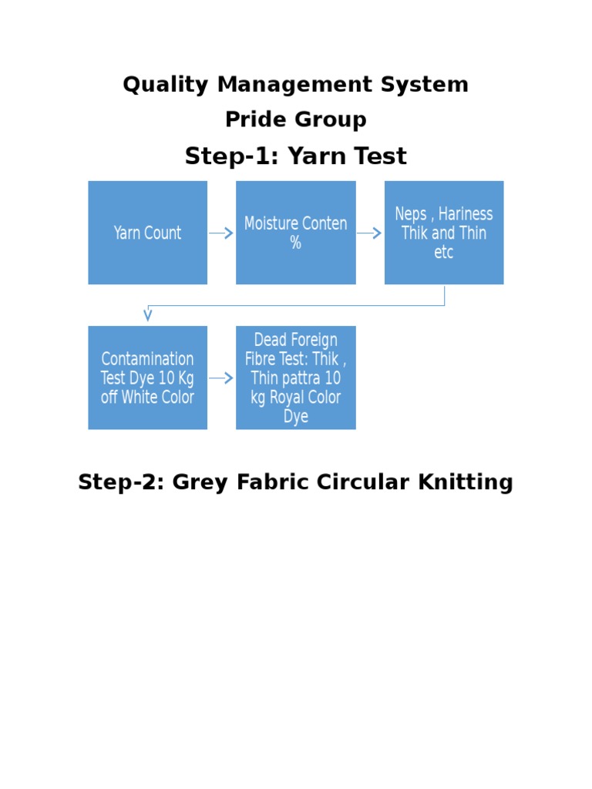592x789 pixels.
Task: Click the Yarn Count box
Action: coord(147,233)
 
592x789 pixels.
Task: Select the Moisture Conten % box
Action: coord(295,233)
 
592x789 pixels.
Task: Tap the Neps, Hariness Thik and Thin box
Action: coord(444,233)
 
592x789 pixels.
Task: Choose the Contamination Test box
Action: coord(147,378)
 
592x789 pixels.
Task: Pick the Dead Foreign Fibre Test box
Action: coord(295,378)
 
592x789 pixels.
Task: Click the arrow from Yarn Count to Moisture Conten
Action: coord(221,233)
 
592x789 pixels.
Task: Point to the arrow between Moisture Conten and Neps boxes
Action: coord(370,233)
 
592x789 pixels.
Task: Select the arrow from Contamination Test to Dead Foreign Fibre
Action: coord(221,378)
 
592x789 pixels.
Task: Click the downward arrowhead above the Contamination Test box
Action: coord(147,315)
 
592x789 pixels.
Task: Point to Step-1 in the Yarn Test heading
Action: coord(231,156)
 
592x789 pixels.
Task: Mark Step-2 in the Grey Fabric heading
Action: coord(120,483)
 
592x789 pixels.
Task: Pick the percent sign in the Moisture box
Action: coord(295,243)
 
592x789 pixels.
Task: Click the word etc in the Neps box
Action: coord(444,253)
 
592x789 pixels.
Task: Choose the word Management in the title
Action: coord(296,85)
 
